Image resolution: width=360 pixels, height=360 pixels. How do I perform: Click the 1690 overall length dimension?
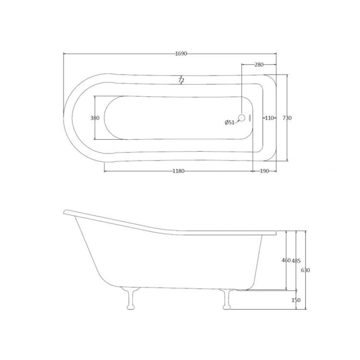tap(181, 54)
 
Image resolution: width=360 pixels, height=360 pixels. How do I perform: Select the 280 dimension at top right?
tap(258, 65)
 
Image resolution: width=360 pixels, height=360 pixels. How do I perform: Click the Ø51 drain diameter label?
tap(229, 123)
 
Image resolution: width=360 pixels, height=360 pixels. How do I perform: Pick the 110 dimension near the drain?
tap(269, 118)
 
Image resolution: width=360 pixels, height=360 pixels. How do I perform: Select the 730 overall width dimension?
tap(287, 118)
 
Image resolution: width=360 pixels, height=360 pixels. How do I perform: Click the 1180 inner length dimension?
tap(178, 171)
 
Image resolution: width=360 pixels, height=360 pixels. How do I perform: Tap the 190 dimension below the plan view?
tap(264, 171)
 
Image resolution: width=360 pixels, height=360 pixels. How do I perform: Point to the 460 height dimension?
tap(286, 261)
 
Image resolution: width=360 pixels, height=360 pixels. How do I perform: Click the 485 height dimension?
tap(296, 261)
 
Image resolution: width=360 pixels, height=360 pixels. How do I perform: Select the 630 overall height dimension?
tap(305, 270)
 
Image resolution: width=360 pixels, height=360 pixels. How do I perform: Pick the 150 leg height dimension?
tap(296, 300)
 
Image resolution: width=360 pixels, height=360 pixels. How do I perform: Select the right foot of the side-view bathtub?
tap(226, 300)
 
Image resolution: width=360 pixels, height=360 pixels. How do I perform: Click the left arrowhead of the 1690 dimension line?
tap(65, 54)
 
